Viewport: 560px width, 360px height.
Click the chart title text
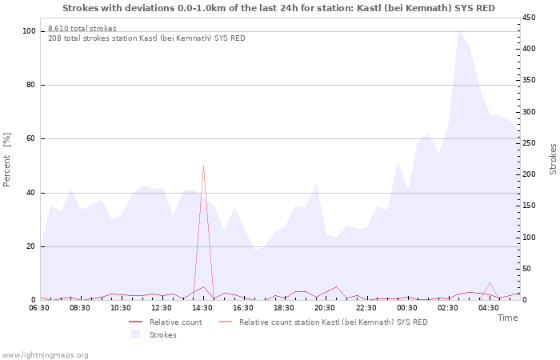(x=278, y=8)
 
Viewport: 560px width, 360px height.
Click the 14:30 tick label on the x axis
(x=202, y=308)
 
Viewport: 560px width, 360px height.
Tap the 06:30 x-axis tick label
(x=39, y=308)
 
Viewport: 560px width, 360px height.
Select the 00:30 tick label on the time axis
(x=406, y=308)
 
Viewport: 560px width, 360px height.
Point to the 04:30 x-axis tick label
(x=488, y=308)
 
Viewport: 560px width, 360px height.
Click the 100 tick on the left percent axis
(x=29, y=31)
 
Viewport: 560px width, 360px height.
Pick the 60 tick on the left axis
(x=31, y=138)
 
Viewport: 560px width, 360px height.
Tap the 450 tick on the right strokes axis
(x=530, y=18)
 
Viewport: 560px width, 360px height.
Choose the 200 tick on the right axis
(x=530, y=174)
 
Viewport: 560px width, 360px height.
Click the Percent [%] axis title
(x=7, y=160)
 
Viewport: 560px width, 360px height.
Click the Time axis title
(x=507, y=318)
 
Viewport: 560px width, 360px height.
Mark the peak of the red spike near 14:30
(x=203, y=166)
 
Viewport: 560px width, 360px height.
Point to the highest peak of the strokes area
(x=458, y=30)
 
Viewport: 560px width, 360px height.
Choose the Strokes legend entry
(x=161, y=335)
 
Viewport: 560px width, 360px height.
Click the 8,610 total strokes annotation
(x=82, y=29)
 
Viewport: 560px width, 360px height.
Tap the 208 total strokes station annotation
(x=146, y=38)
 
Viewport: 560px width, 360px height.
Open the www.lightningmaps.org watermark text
(x=45, y=354)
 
